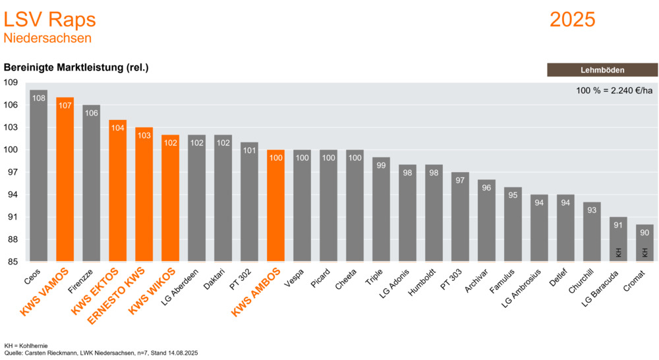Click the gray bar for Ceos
38,175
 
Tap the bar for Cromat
645,243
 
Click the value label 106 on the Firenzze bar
91,113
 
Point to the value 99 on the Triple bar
381,165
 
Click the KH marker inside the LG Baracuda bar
618,252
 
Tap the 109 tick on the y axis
11,82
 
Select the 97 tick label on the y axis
13,172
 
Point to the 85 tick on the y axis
13,262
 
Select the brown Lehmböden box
602,70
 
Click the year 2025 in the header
572,19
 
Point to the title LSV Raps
49,19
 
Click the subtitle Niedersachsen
47,38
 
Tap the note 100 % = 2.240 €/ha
614,90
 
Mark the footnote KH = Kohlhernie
26,345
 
